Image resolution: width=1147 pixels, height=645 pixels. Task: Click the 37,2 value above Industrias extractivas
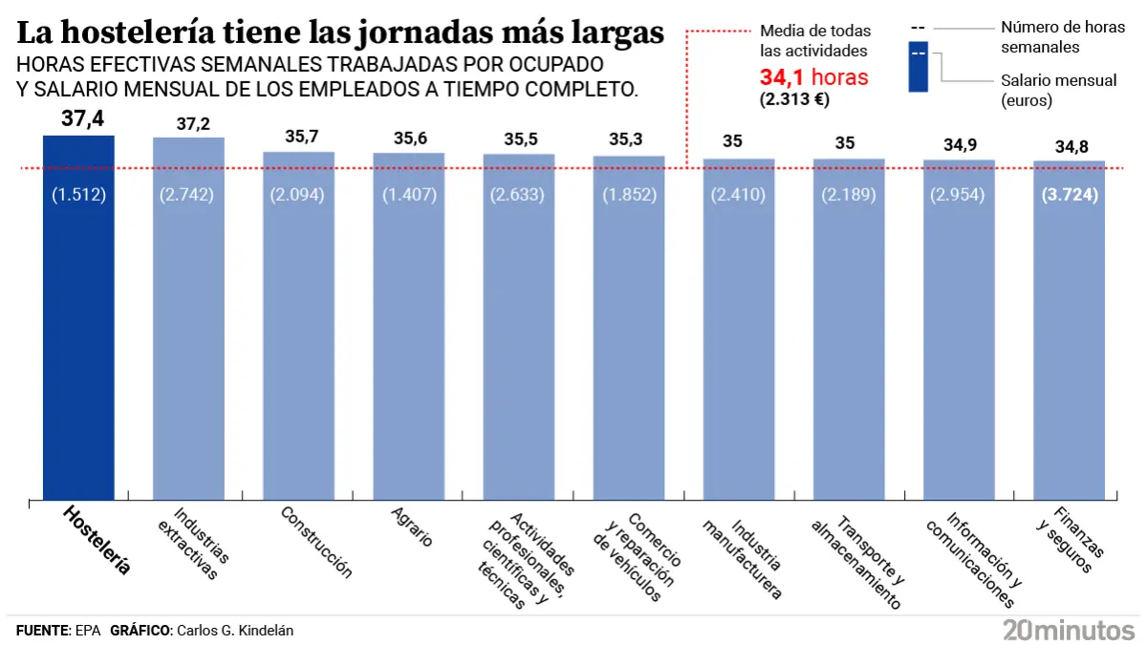tap(188, 124)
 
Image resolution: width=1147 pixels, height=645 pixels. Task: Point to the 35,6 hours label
tap(409, 139)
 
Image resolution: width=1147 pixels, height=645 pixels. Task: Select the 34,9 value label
tap(959, 145)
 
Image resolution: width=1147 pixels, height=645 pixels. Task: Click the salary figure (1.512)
tap(78, 195)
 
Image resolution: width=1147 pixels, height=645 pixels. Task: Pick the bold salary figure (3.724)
tap(1070, 195)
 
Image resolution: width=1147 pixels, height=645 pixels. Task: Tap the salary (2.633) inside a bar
tap(518, 195)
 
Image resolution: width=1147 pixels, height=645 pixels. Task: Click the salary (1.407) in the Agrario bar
tap(409, 195)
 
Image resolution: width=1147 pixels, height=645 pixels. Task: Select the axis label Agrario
tap(412, 527)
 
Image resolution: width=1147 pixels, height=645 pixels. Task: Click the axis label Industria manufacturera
tap(742, 558)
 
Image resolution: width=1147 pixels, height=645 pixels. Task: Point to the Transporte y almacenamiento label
tap(855, 562)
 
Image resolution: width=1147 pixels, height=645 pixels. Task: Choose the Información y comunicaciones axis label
tap(969, 560)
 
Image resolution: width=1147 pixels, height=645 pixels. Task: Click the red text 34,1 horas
tap(813, 77)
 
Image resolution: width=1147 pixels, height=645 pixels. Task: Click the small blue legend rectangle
tap(918, 67)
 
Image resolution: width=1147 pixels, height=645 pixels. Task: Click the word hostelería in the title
tap(158, 32)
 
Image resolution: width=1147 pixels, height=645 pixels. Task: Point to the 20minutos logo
tap(1068, 629)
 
